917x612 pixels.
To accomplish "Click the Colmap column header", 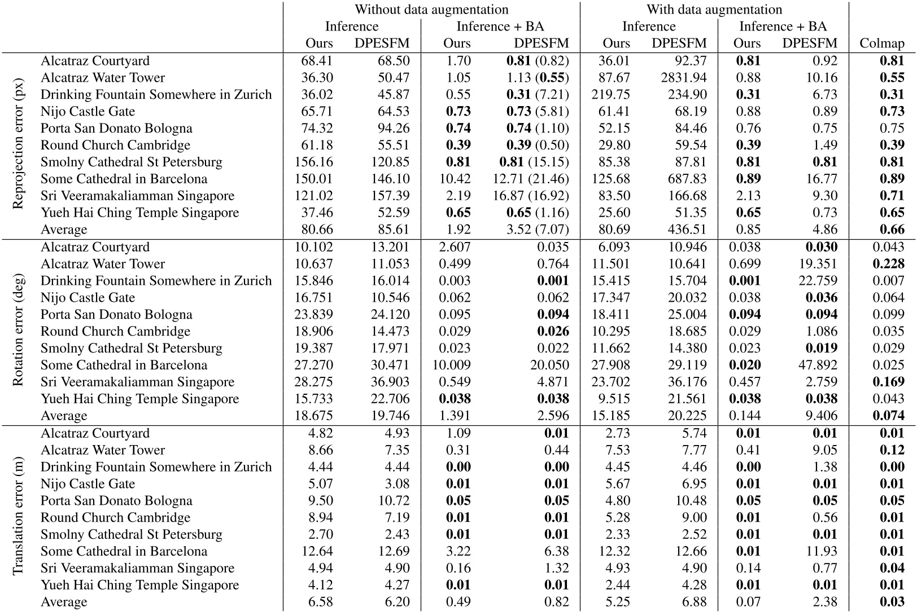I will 881,43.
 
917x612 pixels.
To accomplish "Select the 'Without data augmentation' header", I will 431,10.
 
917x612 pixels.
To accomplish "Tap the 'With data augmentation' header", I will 714,10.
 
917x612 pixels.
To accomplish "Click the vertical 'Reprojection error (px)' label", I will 18,146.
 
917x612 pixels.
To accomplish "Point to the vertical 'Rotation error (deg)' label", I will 18,332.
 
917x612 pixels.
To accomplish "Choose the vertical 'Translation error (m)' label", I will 18,518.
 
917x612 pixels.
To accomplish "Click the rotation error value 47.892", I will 817,365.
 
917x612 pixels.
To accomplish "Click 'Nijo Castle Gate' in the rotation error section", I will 88,298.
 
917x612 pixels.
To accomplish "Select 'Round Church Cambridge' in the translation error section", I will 115,517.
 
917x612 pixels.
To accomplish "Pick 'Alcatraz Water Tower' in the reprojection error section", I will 103,78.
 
